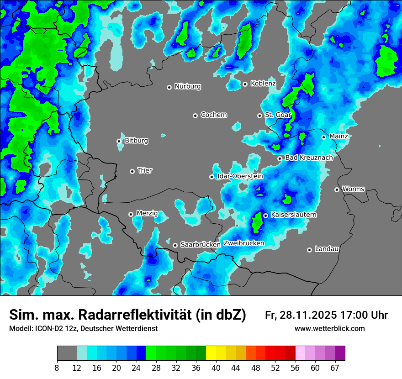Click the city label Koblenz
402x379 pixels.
pyautogui.click(x=263, y=84)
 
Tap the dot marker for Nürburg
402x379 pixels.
pyautogui.click(x=169, y=87)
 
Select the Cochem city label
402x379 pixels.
pyautogui.click(x=214, y=115)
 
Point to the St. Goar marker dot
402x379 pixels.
pyautogui.click(x=259, y=116)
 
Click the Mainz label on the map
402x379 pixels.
pyautogui.click(x=339, y=137)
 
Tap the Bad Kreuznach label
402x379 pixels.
pyautogui.click(x=309, y=158)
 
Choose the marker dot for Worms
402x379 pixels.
pyautogui.click(x=337, y=189)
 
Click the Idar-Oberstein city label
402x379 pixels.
pyautogui.click(x=240, y=176)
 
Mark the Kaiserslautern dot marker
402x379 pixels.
pyautogui.click(x=265, y=216)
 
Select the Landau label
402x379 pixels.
pyautogui.click(x=327, y=249)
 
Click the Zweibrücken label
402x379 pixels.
pyautogui.click(x=243, y=243)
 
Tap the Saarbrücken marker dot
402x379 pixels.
pyautogui.click(x=175, y=245)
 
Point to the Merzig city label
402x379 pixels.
pyautogui.click(x=147, y=213)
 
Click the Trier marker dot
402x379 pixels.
pyautogui.click(x=132, y=171)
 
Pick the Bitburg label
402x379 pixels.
pyautogui.click(x=136, y=141)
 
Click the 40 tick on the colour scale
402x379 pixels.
pyautogui.click(x=216, y=368)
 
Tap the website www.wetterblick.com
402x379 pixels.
pyautogui.click(x=330, y=329)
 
